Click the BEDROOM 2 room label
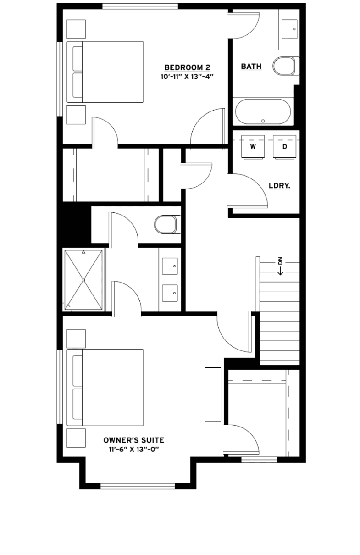coord(187,67)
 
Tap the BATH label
coord(251,67)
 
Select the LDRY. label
coord(279,186)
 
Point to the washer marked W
coord(253,147)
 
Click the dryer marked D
coord(284,147)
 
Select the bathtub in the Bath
coord(263,112)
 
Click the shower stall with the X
coord(83,280)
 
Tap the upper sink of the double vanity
coord(170,266)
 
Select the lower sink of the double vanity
coord(170,293)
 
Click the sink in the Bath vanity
coord(289,29)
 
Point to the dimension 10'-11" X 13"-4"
coord(187,77)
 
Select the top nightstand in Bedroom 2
coord(76,29)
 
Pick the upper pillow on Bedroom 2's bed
coord(78,58)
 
